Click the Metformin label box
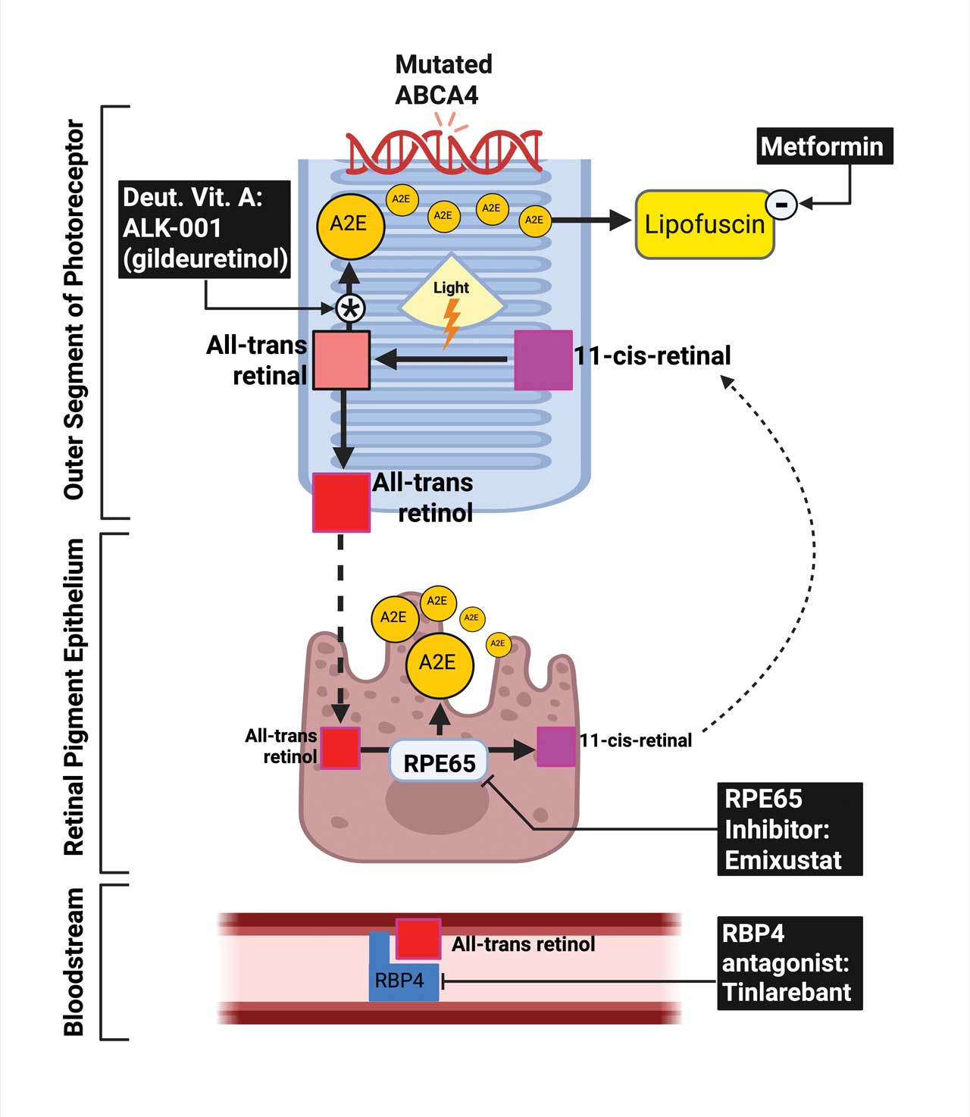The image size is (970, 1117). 824,146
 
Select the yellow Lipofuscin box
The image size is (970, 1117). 704,224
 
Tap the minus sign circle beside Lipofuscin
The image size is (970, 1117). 781,204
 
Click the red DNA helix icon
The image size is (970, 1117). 443,151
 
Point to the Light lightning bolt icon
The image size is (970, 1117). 451,322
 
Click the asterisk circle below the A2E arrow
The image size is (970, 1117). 350,308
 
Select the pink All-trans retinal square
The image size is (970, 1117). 341,360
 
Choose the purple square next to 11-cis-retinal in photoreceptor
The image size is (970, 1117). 543,360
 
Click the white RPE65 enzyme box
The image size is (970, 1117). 439,762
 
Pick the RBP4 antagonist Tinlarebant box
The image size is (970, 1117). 789,963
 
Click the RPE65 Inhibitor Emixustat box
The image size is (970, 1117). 789,829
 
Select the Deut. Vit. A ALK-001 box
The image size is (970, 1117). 205,229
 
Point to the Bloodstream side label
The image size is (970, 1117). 74,962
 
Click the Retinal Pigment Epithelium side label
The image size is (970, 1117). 74,697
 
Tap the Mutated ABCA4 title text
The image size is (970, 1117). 443,80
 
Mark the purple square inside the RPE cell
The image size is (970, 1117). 556,746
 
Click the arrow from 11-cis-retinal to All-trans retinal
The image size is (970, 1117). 443,358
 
